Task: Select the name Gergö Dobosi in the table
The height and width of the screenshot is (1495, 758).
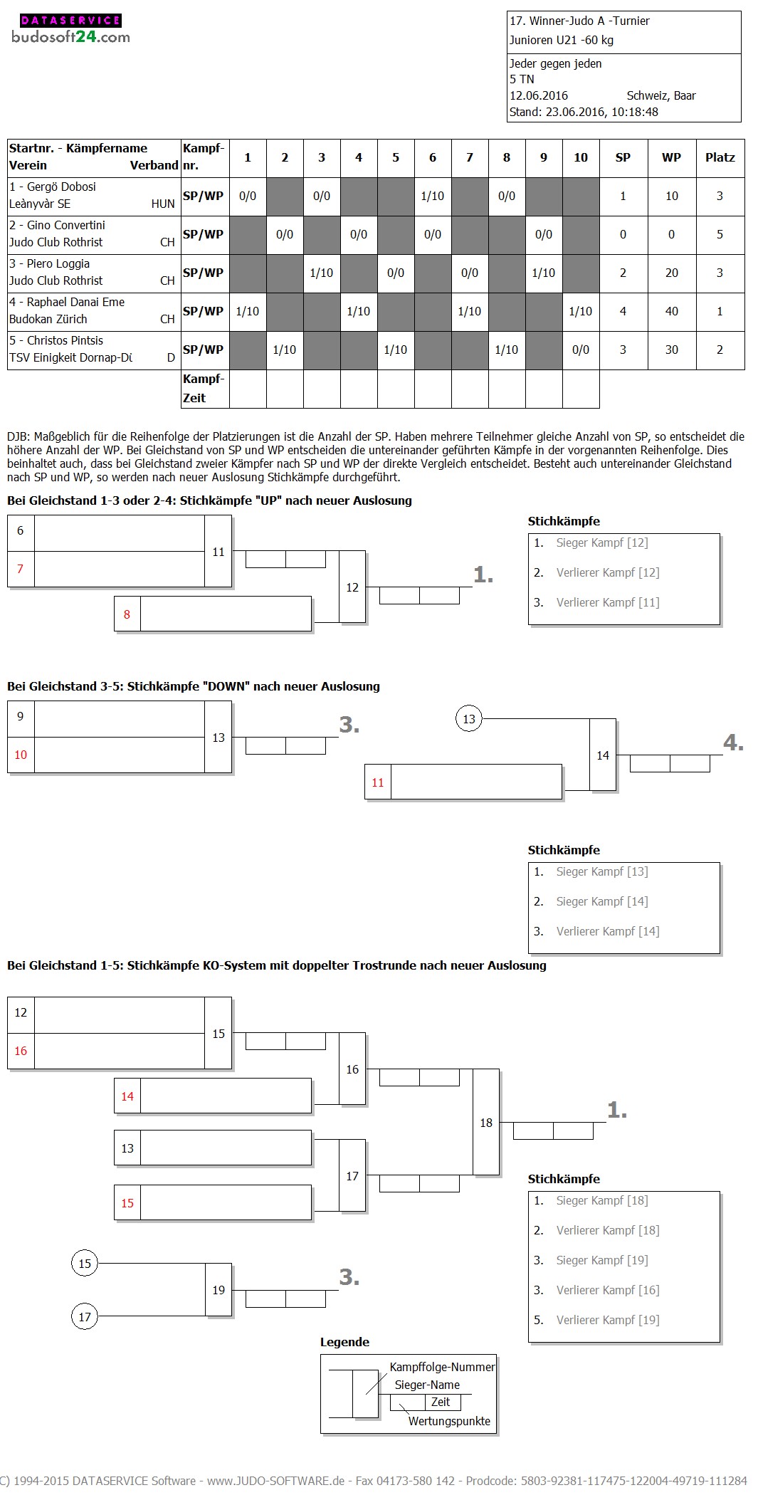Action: coord(61,187)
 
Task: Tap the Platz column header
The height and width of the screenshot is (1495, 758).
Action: coord(720,158)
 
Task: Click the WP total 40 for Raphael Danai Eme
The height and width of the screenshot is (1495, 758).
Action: coord(671,312)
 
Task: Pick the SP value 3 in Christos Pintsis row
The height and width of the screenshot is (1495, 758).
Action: coord(623,350)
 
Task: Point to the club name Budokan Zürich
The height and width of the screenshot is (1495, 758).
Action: coord(48,320)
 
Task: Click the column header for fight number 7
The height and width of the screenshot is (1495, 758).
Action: coord(470,158)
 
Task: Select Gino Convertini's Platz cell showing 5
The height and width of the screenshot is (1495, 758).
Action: coord(720,235)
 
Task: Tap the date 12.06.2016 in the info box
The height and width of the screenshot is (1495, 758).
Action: coord(539,96)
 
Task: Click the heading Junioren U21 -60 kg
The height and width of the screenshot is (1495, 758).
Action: coord(562,41)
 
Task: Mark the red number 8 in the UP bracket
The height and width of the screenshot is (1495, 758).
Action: coord(127,614)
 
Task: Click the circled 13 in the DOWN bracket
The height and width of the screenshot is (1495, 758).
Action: coord(469,719)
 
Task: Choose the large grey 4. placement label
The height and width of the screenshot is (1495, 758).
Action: coord(733,743)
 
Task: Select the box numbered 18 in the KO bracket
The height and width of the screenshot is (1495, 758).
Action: coord(486,1123)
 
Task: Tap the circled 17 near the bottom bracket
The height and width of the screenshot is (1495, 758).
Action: coord(85,1317)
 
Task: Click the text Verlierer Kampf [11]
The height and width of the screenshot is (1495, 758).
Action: coord(607,603)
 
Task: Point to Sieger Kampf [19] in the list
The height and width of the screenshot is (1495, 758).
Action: coord(601,1261)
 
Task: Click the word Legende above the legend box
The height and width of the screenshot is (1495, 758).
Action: coord(344,1343)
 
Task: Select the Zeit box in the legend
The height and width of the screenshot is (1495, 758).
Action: coord(441,1402)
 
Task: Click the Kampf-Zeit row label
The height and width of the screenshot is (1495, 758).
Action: coord(204,389)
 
